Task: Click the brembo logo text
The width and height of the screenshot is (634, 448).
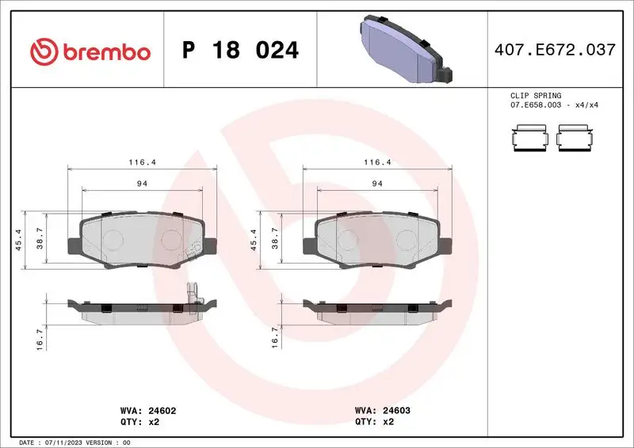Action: (105, 51)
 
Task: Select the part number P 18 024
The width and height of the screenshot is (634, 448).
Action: (241, 51)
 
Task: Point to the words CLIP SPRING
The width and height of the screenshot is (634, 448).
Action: (535, 96)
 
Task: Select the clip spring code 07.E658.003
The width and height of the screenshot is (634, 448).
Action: (538, 104)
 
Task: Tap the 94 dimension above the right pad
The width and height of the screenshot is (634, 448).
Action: (377, 184)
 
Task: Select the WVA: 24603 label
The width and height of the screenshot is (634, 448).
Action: (382, 412)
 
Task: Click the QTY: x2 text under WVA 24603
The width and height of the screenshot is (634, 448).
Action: (375, 422)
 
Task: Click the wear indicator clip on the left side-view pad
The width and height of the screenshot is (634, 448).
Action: (191, 298)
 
